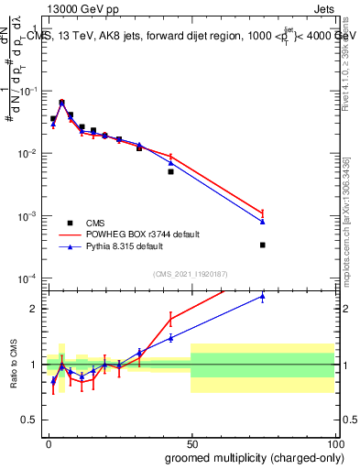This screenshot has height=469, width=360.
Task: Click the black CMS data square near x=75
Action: click(x=262, y=245)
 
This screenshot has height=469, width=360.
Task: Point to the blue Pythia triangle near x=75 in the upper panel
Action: click(x=262, y=222)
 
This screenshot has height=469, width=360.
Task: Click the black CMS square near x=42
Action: click(x=170, y=171)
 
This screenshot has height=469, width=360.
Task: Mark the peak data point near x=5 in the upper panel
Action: click(x=61, y=103)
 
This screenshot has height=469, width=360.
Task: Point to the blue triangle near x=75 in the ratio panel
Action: click(x=262, y=296)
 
